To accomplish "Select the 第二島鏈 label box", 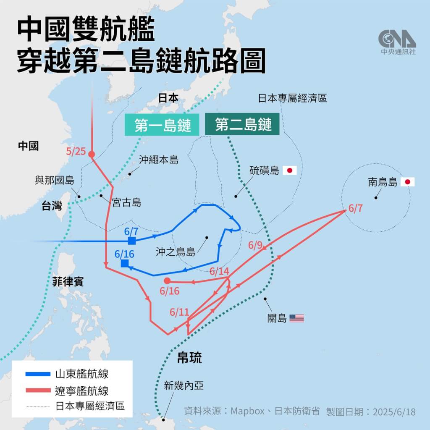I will click(x=243, y=124).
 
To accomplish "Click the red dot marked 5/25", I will click(x=92, y=154).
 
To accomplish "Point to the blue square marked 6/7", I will click(x=132, y=241).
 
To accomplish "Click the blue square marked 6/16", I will click(x=124, y=263).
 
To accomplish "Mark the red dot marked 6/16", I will click(x=167, y=281).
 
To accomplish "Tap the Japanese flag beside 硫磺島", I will click(x=290, y=170).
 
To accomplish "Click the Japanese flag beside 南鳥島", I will click(x=407, y=182).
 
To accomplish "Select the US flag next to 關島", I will click(x=296, y=318).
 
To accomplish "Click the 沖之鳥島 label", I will click(x=176, y=252).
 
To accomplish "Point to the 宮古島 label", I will click(x=126, y=203).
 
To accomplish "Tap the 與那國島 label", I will click(x=54, y=181).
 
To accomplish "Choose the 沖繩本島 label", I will click(x=158, y=160).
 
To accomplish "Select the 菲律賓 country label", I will click(x=68, y=281).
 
